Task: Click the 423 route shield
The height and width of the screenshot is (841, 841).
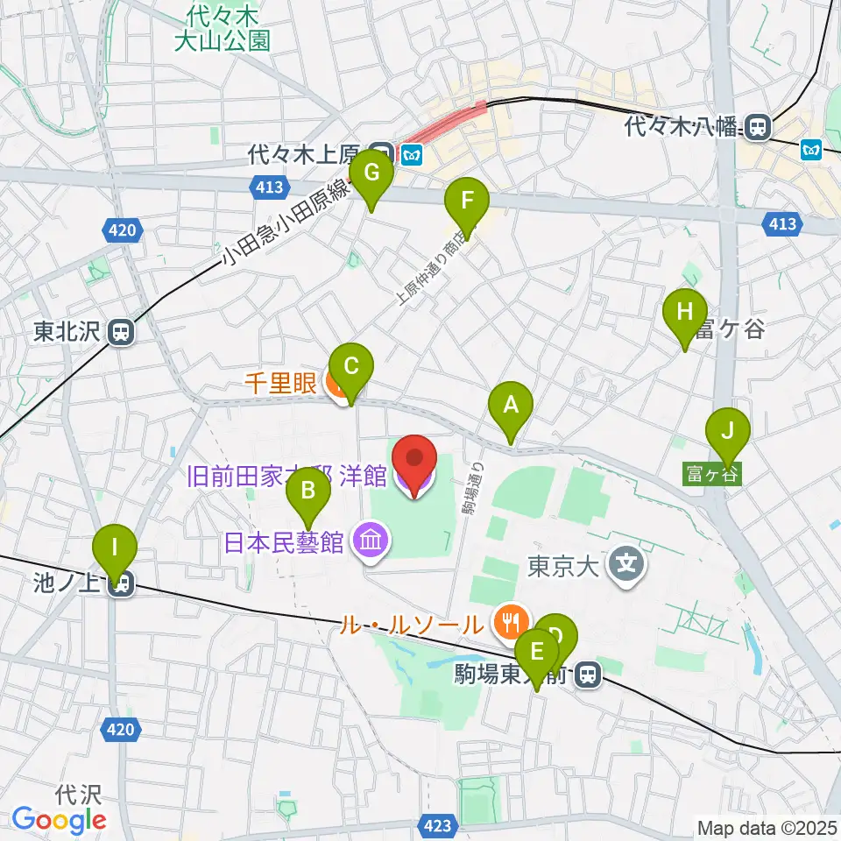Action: click(x=439, y=825)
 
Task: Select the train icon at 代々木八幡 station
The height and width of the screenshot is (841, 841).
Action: click(x=760, y=128)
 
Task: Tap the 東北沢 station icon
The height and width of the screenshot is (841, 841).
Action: click(x=121, y=332)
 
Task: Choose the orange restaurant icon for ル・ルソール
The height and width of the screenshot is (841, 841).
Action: click(x=508, y=624)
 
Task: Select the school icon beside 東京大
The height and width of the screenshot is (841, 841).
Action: click(x=627, y=564)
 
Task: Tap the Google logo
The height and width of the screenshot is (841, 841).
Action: click(x=59, y=820)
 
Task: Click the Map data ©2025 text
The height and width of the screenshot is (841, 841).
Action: click(x=767, y=827)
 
